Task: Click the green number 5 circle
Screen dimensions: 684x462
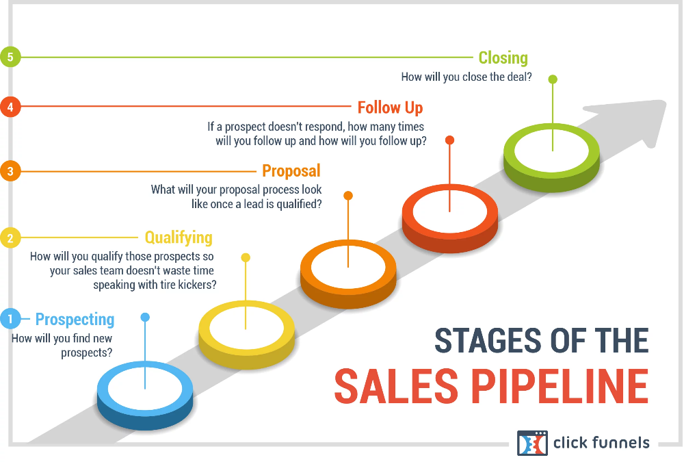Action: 10,57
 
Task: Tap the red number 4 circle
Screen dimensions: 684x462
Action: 10,107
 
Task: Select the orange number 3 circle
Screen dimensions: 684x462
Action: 10,170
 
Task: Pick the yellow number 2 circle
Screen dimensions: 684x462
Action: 10,238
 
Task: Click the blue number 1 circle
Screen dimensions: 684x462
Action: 10,319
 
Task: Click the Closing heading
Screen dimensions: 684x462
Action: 503,57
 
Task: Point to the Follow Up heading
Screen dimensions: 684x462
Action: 390,107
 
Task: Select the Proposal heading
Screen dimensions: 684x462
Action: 291,170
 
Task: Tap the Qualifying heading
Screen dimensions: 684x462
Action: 179,238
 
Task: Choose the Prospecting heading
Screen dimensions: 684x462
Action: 75,320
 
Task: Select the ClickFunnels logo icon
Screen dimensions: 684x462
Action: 532,443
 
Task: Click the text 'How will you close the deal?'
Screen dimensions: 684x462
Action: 466,77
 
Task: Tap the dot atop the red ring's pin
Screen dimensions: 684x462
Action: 450,140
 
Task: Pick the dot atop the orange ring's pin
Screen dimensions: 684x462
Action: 348,196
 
